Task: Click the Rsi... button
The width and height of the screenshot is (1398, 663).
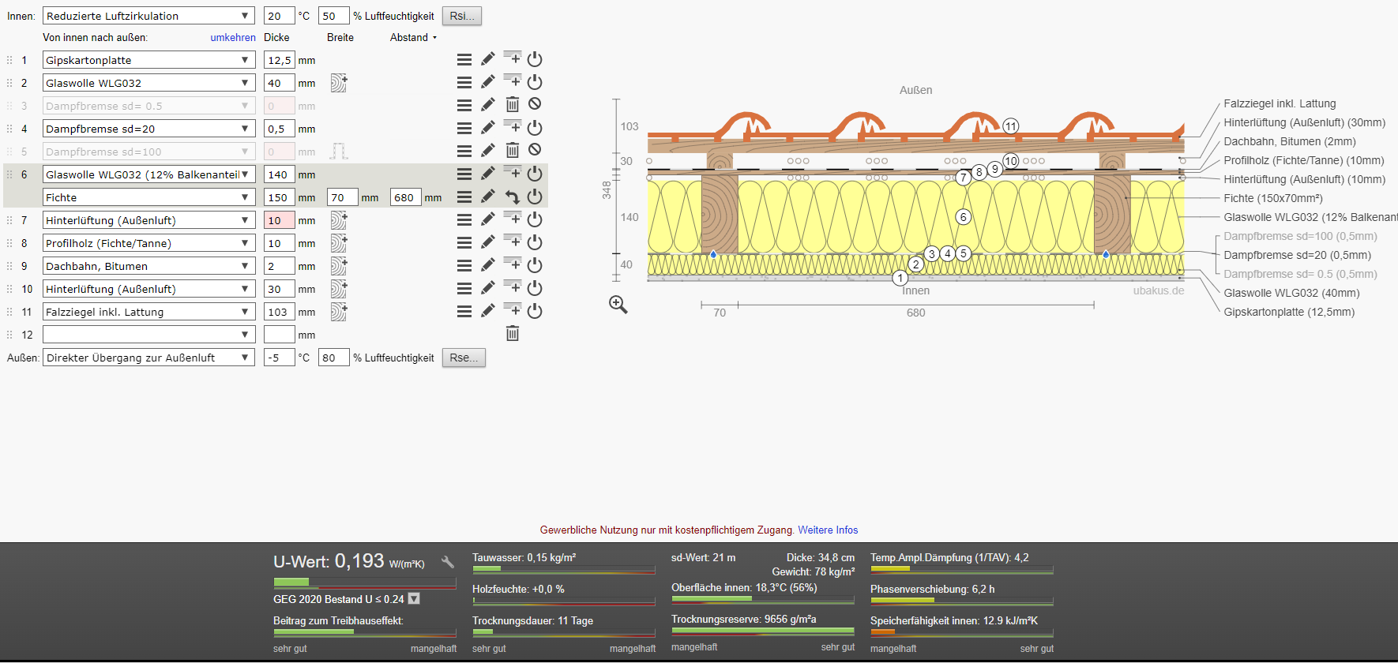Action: pyautogui.click(x=462, y=16)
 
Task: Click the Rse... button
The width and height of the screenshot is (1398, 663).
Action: pyautogui.click(x=464, y=358)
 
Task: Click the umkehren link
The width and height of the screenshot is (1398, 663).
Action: pyautogui.click(x=233, y=37)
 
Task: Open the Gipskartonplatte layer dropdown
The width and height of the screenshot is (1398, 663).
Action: pyautogui.click(x=148, y=60)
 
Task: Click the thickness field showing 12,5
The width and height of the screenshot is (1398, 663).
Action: pyautogui.click(x=280, y=60)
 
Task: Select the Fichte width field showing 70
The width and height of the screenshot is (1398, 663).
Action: pyautogui.click(x=343, y=197)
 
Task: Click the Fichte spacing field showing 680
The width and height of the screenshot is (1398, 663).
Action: pyautogui.click(x=406, y=197)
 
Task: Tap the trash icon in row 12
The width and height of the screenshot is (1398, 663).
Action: pyautogui.click(x=513, y=334)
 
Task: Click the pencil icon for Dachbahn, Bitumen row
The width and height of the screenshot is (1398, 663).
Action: pyautogui.click(x=488, y=265)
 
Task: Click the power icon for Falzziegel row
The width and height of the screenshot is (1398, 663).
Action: pyautogui.click(x=535, y=311)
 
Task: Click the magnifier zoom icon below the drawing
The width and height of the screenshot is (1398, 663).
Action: pyautogui.click(x=618, y=305)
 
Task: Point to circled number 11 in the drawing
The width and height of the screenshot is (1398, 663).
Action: pyautogui.click(x=1011, y=126)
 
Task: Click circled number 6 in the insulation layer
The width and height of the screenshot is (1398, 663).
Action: pyautogui.click(x=963, y=217)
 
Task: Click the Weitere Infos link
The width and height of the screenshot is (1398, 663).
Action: pyautogui.click(x=828, y=530)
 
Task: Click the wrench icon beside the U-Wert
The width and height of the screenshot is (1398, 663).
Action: pyautogui.click(x=448, y=562)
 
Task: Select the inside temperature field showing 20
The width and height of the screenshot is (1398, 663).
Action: pyautogui.click(x=280, y=16)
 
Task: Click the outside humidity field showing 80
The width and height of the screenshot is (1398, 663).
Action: pyautogui.click(x=333, y=358)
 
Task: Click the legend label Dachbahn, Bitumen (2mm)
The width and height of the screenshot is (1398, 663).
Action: pyautogui.click(x=1290, y=141)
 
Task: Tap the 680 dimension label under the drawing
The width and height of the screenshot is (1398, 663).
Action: pyautogui.click(x=916, y=313)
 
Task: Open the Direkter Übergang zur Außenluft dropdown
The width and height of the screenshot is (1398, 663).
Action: pyautogui.click(x=148, y=358)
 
